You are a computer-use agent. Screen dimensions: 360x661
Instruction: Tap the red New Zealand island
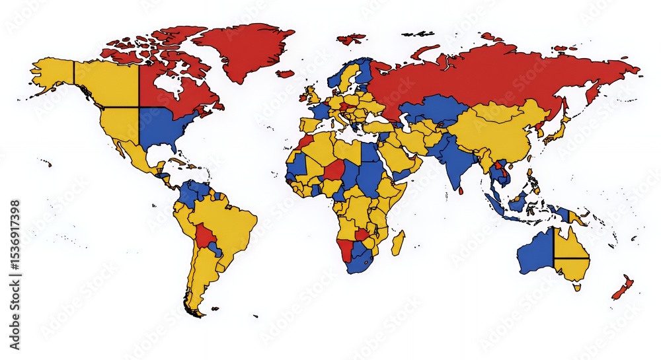click(623, 288)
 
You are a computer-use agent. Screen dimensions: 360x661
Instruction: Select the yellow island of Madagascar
click(397, 242)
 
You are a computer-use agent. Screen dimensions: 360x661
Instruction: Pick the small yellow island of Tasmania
click(577, 287)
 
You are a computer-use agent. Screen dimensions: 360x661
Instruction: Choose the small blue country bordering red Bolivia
click(215, 250)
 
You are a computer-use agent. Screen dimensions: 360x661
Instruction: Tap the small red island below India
click(460, 192)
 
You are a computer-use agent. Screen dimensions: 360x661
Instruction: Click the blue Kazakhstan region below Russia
click(433, 109)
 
